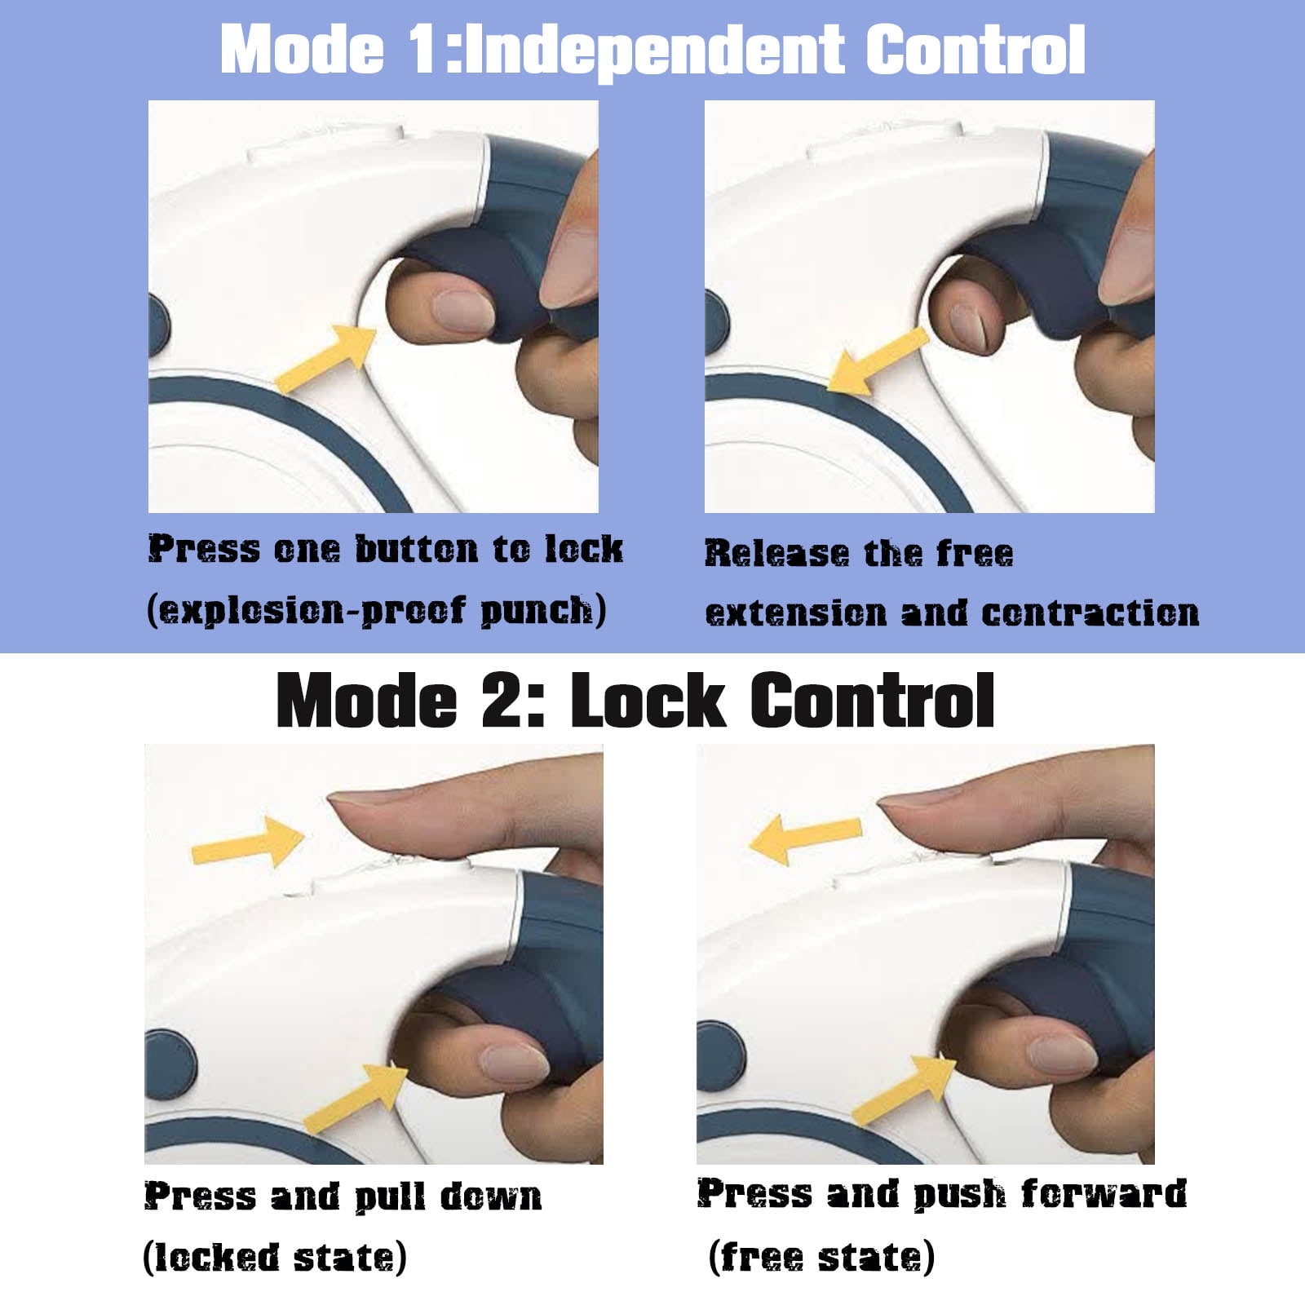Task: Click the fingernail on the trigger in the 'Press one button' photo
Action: click(462, 311)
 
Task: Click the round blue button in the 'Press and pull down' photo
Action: click(171, 1063)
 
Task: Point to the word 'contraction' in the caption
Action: click(1090, 613)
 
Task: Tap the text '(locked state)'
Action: click(275, 1257)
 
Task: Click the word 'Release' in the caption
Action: click(776, 553)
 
